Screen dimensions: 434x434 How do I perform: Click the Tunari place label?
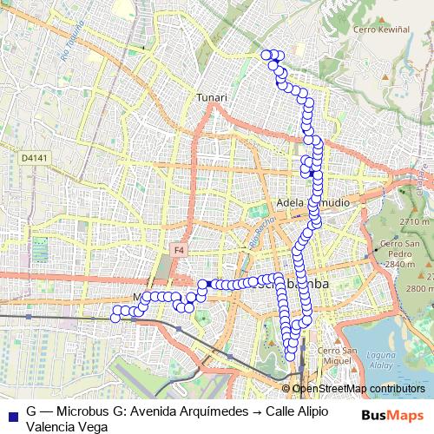pyautogui.click(x=212, y=97)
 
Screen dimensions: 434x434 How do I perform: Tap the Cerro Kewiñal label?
pyautogui.click(x=381, y=29)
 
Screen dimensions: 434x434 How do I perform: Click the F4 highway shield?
pyautogui.click(x=180, y=250)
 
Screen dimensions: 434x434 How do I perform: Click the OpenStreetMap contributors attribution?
pyautogui.click(x=358, y=388)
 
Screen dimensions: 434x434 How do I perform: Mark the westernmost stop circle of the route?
pyautogui.click(x=115, y=317)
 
